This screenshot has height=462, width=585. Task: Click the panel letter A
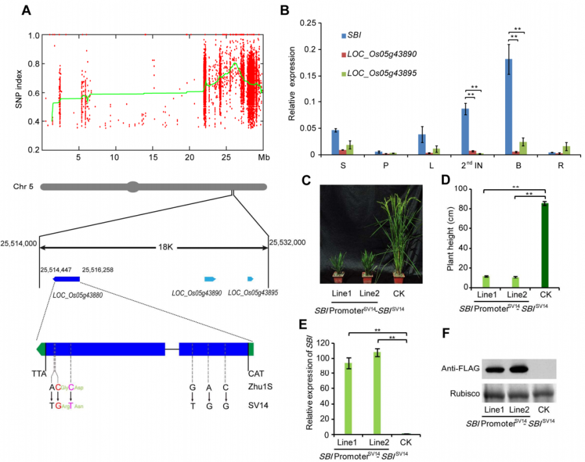(27, 10)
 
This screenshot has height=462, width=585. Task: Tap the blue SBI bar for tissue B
(509, 107)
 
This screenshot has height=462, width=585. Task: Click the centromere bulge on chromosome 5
(133, 187)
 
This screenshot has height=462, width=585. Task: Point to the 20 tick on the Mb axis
(189, 158)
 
